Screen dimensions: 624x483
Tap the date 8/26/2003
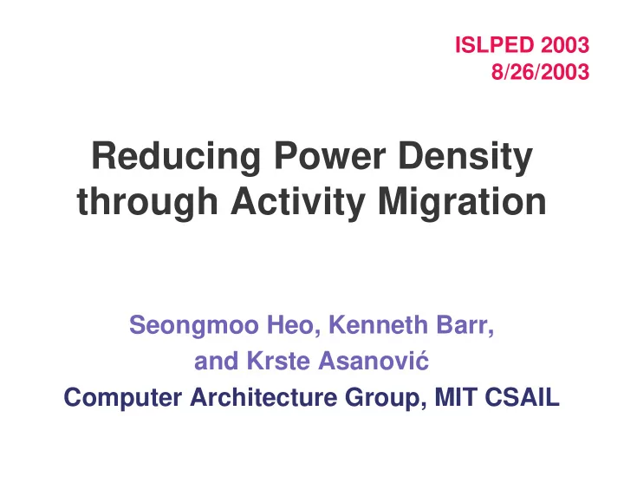(x=540, y=72)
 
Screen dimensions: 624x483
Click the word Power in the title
(x=330, y=156)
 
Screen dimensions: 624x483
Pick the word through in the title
(x=147, y=203)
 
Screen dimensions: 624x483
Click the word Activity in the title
(x=298, y=203)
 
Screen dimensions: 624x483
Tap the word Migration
(x=463, y=203)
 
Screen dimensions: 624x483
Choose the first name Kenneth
(x=378, y=325)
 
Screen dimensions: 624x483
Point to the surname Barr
(x=465, y=326)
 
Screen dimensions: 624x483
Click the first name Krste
(x=278, y=361)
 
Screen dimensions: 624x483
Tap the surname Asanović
(x=374, y=361)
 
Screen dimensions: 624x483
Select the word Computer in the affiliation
(x=123, y=398)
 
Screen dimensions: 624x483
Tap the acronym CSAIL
(x=523, y=397)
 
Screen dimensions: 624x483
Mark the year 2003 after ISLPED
(x=565, y=44)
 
